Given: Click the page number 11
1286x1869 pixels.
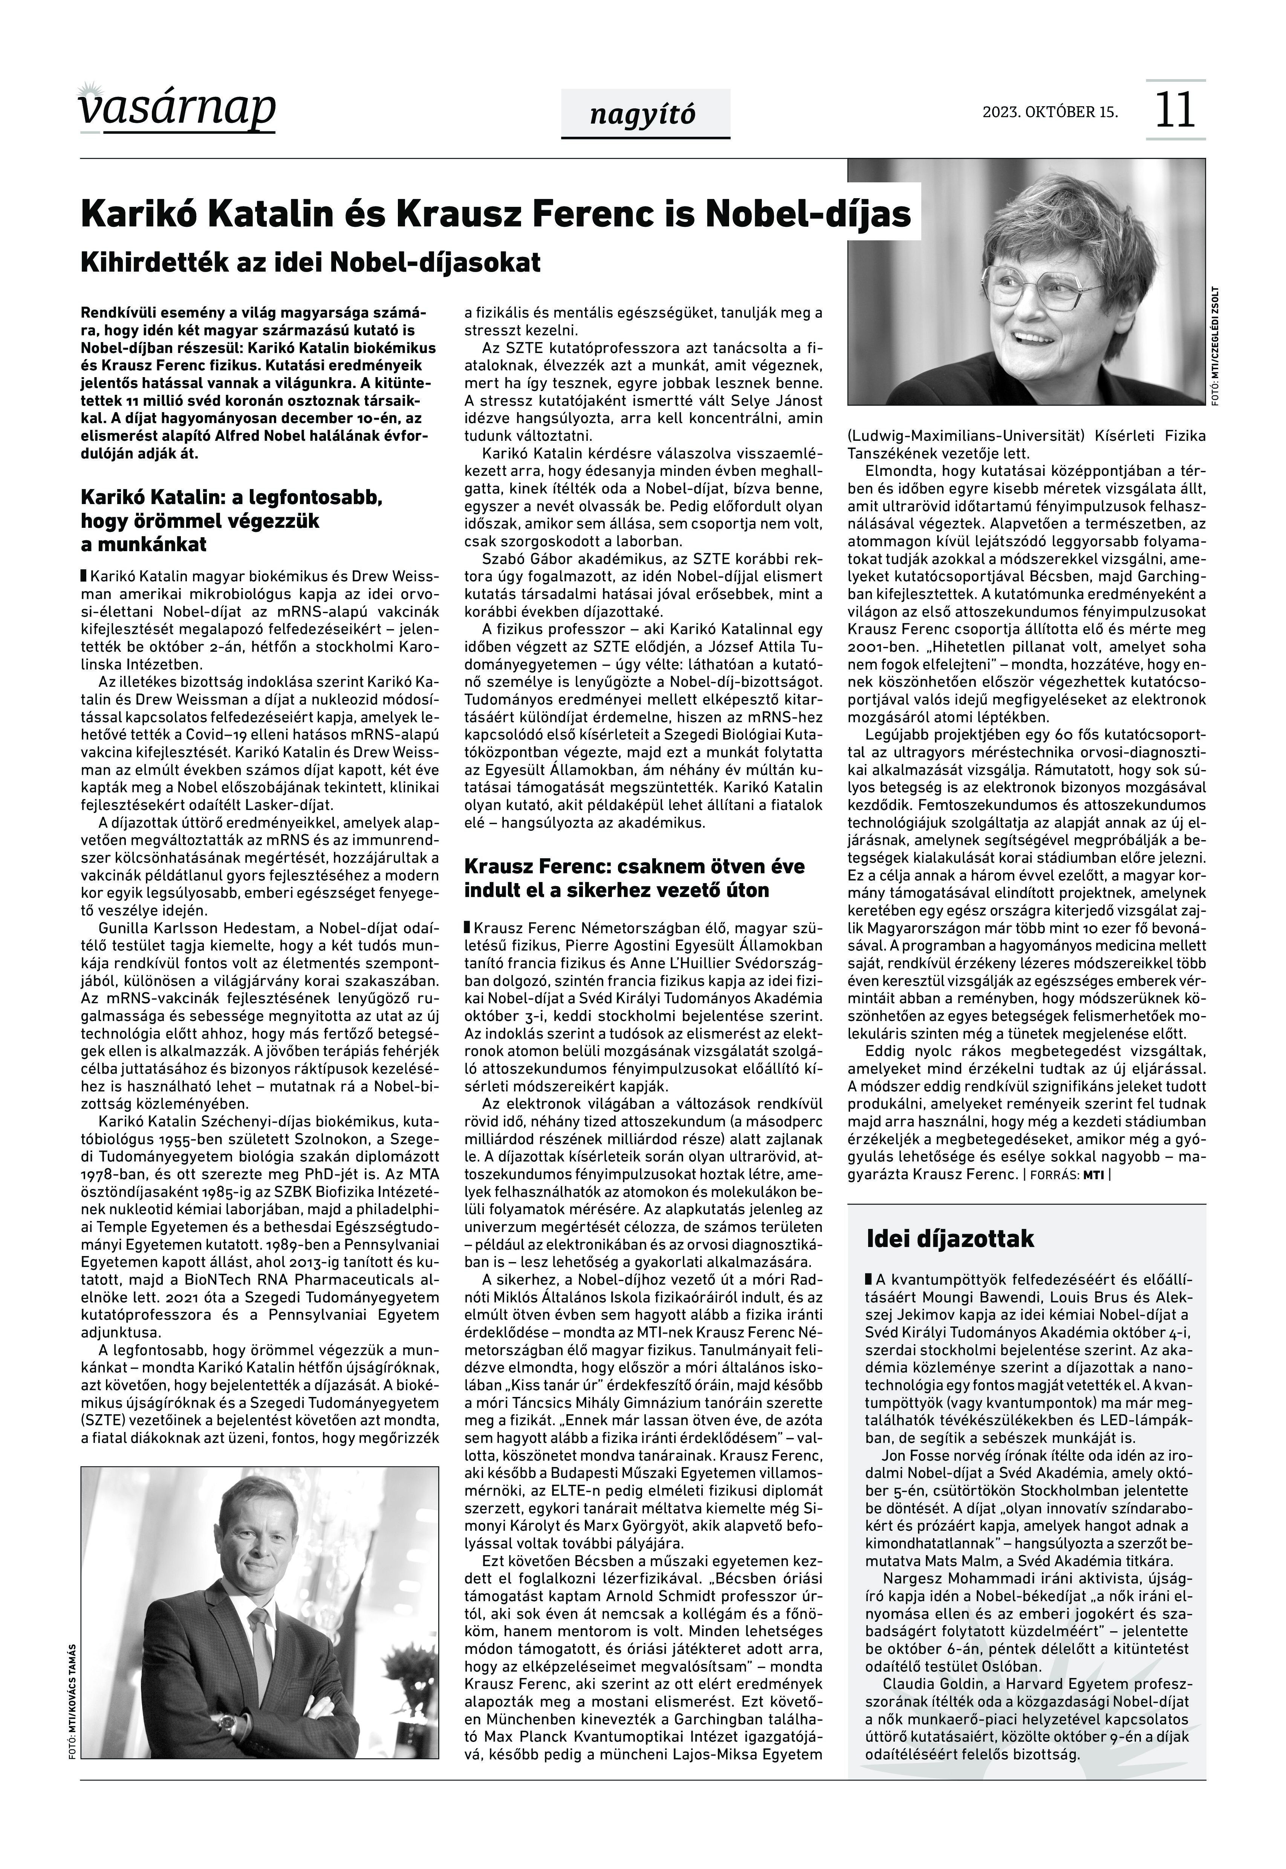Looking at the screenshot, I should [1175, 110].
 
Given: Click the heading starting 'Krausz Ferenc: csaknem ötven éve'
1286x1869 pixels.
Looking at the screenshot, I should [634, 878].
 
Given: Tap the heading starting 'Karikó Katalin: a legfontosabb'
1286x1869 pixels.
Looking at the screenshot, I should [232, 520].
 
